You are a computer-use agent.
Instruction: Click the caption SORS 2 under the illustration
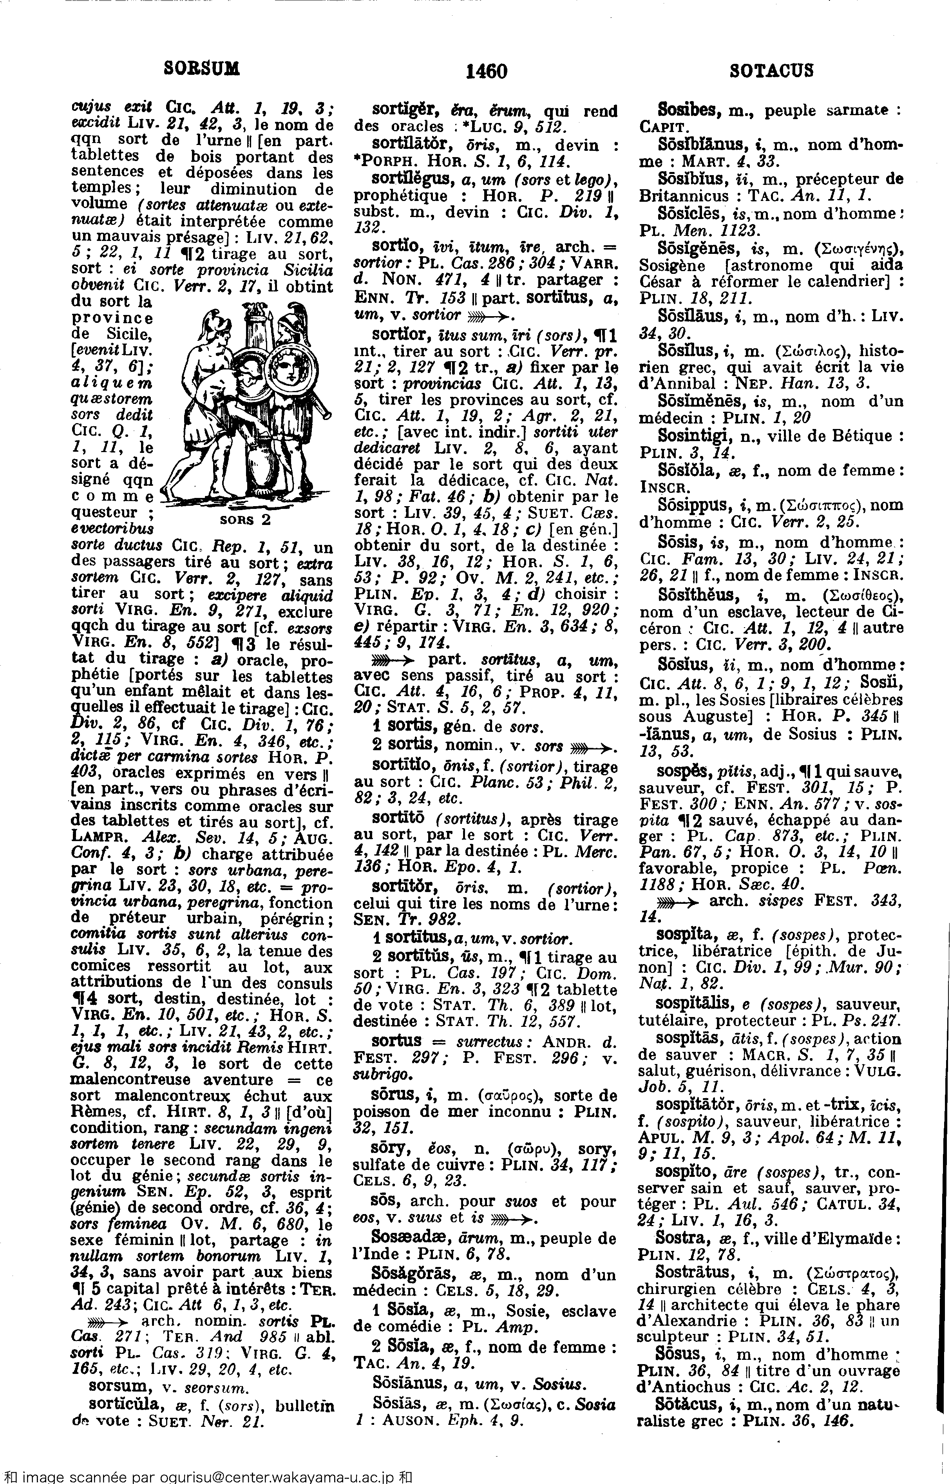click(x=246, y=519)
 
